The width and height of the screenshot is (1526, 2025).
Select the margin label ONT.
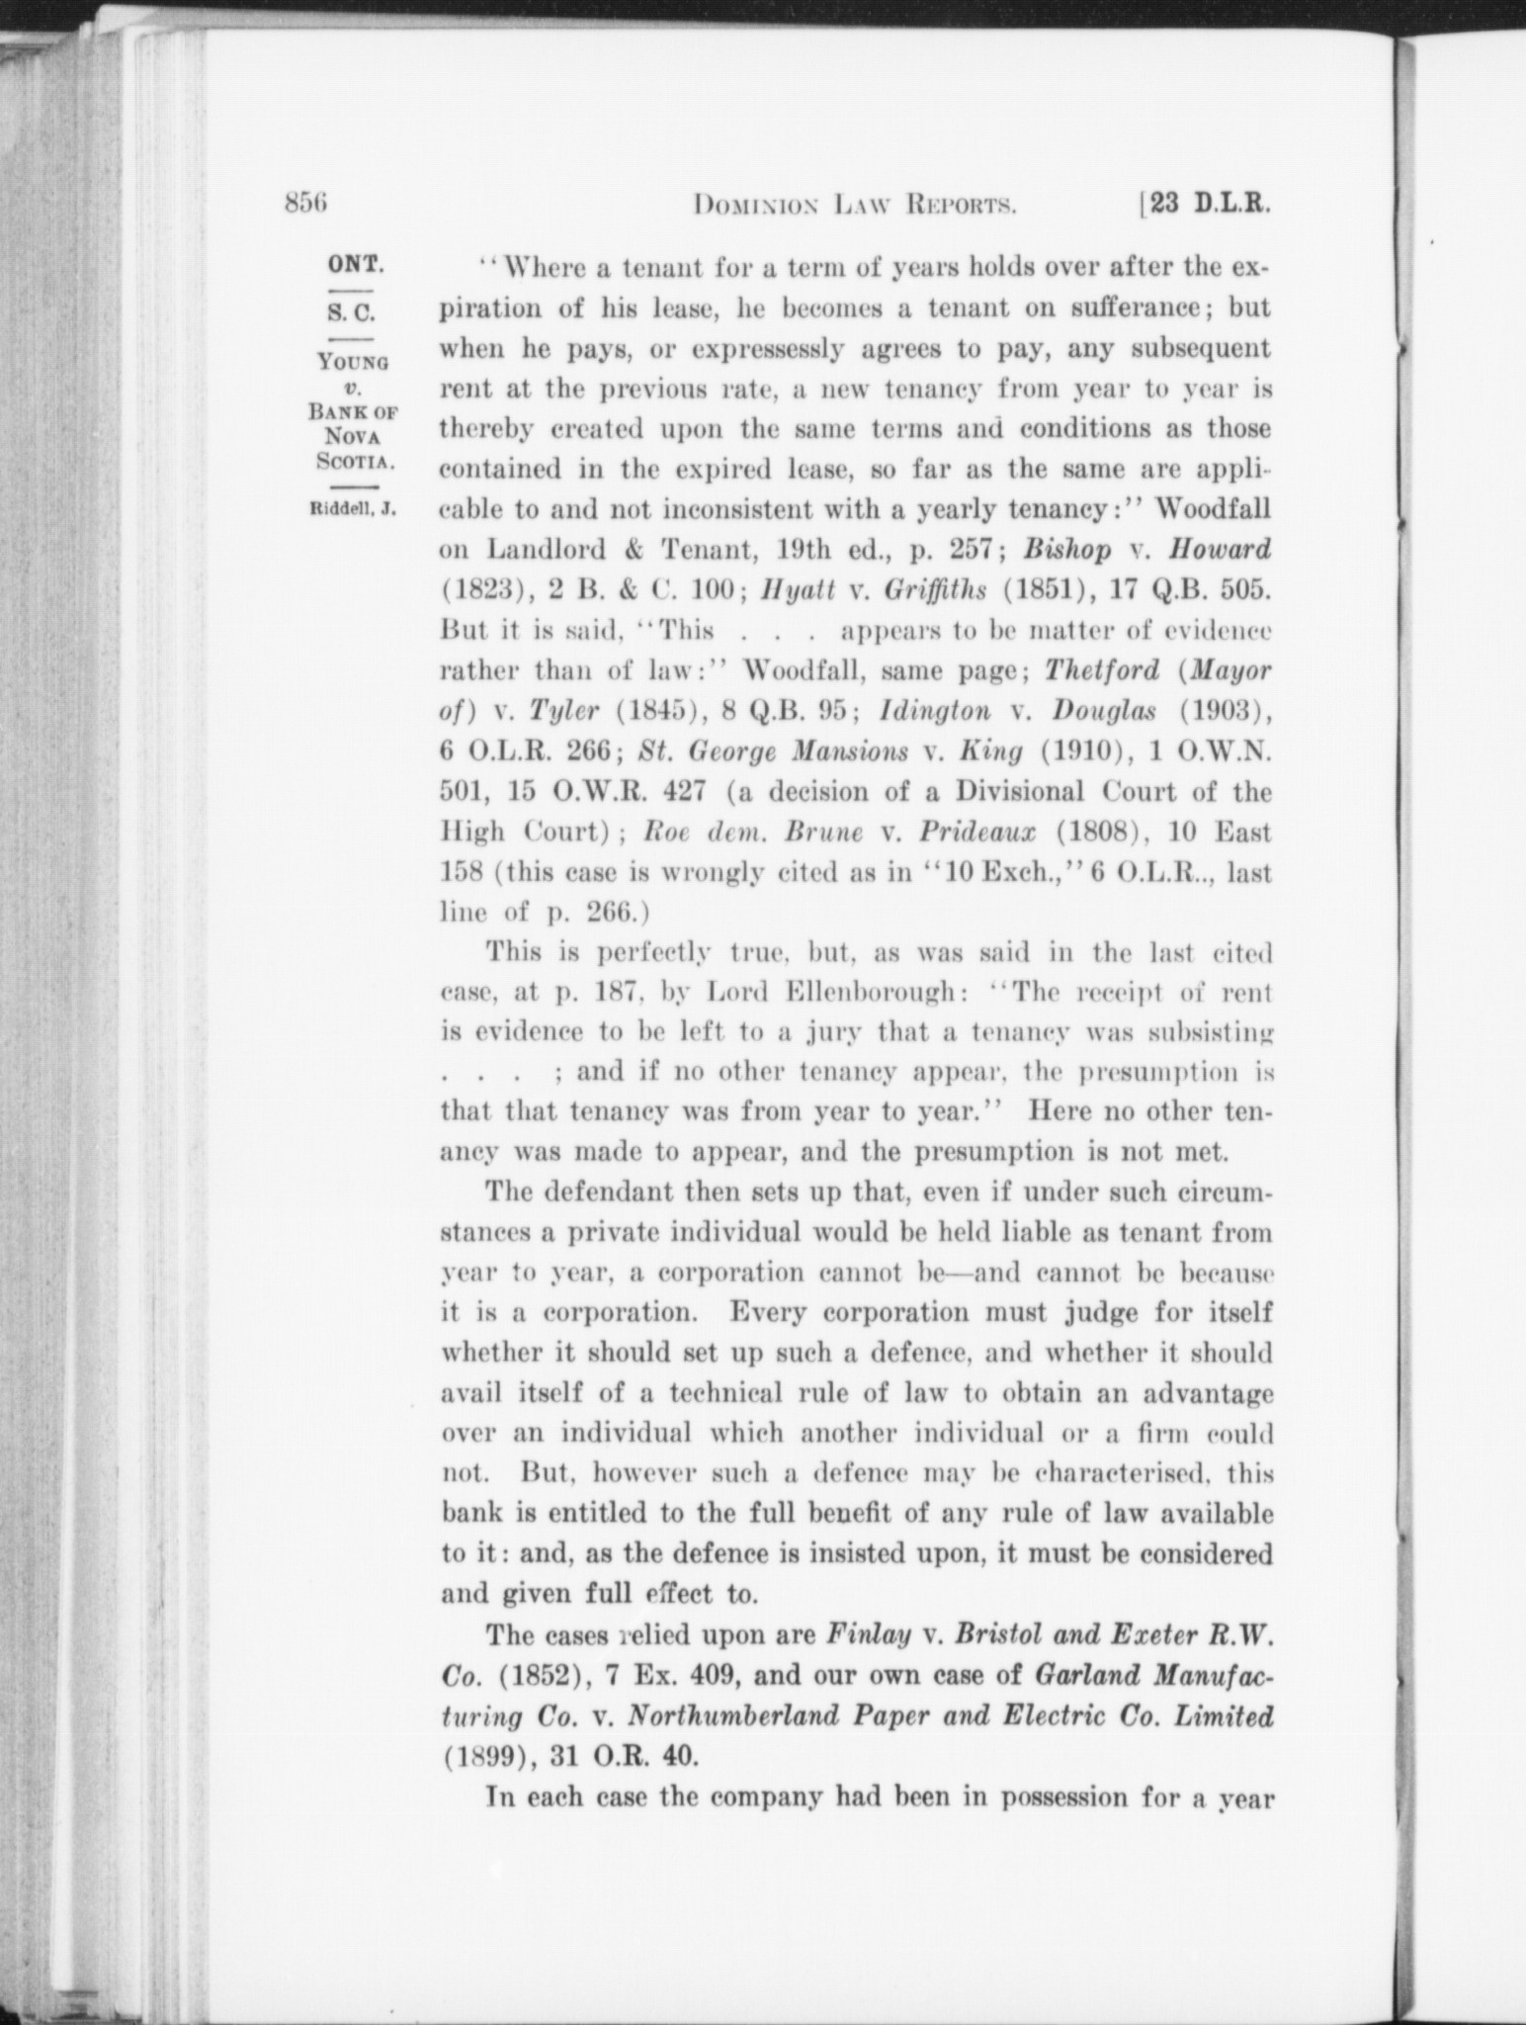click(356, 266)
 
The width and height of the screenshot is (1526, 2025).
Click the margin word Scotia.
click(356, 460)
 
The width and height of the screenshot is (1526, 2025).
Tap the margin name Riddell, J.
click(353, 510)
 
